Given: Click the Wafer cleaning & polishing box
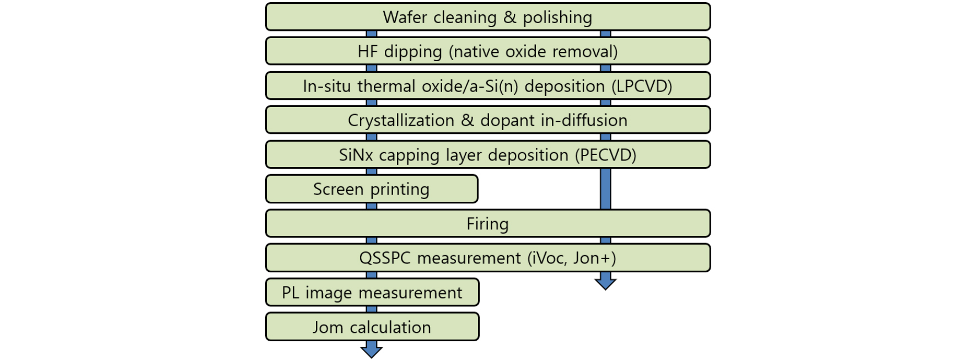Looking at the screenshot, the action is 488,17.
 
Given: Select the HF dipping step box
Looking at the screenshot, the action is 488,51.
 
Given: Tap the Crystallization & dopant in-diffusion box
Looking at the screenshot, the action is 488,120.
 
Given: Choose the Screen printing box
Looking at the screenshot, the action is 372,189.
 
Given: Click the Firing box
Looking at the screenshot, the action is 488,224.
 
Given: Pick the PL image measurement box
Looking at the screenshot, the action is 372,292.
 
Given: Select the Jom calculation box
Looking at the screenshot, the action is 372,327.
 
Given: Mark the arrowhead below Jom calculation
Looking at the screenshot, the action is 372,350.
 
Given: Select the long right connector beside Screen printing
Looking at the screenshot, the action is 605,189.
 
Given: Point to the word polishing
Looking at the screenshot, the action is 557,18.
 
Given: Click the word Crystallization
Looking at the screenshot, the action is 401,121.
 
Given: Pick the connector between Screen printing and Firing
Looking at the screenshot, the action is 372,206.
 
